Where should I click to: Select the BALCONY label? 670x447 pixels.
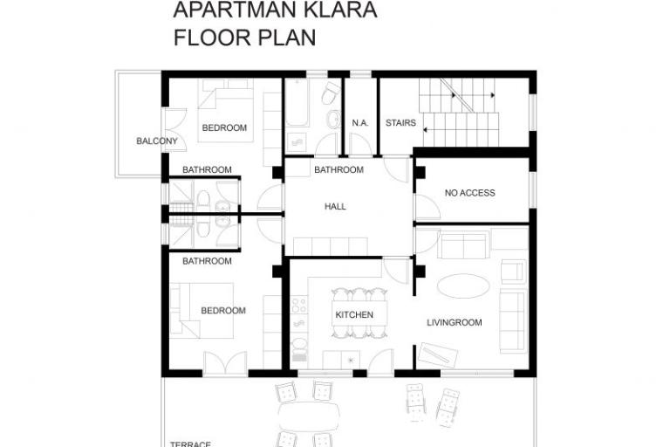click(x=157, y=141)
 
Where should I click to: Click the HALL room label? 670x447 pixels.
click(x=335, y=207)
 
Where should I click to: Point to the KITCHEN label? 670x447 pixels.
click(x=354, y=315)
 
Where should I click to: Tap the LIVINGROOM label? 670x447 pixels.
click(x=454, y=323)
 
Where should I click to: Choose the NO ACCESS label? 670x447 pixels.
click(x=469, y=193)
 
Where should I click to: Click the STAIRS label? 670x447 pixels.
click(x=400, y=123)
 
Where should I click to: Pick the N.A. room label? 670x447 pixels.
click(x=360, y=123)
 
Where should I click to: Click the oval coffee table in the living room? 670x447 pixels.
click(x=463, y=285)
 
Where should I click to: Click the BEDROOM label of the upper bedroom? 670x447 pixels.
click(x=224, y=128)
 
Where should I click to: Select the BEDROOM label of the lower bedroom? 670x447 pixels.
click(x=223, y=311)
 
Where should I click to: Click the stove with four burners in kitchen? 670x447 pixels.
click(x=299, y=306)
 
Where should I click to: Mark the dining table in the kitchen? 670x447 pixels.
click(x=355, y=314)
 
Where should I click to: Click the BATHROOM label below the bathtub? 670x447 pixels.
click(x=338, y=169)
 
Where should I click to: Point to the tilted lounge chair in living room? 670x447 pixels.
click(x=437, y=355)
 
